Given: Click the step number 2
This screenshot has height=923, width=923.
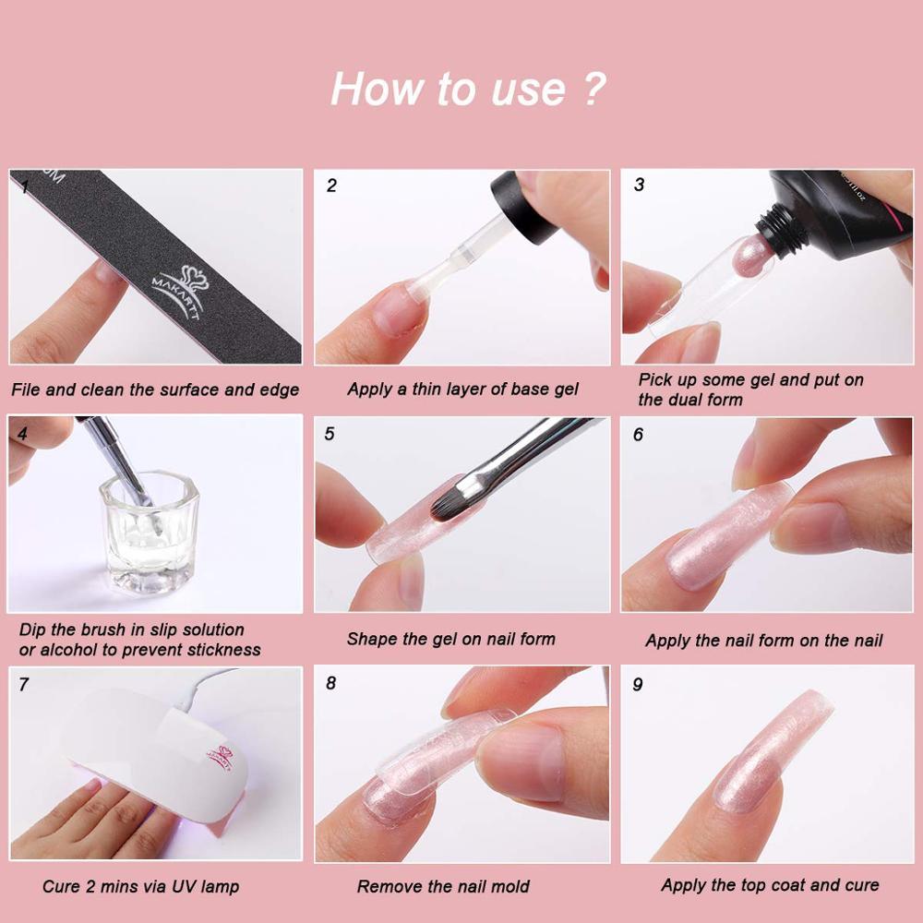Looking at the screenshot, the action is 331,186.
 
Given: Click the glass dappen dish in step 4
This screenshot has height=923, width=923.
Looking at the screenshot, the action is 150,533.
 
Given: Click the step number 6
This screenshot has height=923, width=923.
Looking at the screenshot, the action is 638,435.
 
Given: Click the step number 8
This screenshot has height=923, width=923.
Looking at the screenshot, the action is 330,683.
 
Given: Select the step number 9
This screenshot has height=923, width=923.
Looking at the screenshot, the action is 638,685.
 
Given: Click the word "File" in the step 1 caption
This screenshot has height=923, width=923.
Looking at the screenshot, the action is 26,390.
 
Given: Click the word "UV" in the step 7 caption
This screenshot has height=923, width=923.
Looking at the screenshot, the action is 182,886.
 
